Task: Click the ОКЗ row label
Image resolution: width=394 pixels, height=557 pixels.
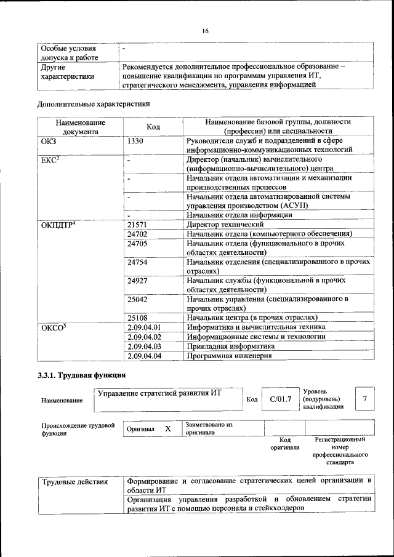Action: (48, 142)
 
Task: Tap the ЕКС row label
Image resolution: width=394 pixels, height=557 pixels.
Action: (49, 160)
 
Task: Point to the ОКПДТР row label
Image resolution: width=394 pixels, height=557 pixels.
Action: (58, 225)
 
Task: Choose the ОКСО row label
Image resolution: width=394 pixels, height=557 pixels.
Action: (53, 327)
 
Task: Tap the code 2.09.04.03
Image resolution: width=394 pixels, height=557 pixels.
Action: (143, 347)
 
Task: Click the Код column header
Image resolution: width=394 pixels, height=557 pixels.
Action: (153, 127)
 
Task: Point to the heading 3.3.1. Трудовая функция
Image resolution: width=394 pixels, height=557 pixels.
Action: (82, 375)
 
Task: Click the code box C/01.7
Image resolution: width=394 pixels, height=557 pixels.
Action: (279, 399)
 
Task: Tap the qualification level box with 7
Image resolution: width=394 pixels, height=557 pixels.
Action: (364, 399)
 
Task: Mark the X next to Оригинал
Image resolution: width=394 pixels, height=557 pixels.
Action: (167, 428)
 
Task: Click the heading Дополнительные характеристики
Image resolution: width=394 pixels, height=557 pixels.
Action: (94, 104)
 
